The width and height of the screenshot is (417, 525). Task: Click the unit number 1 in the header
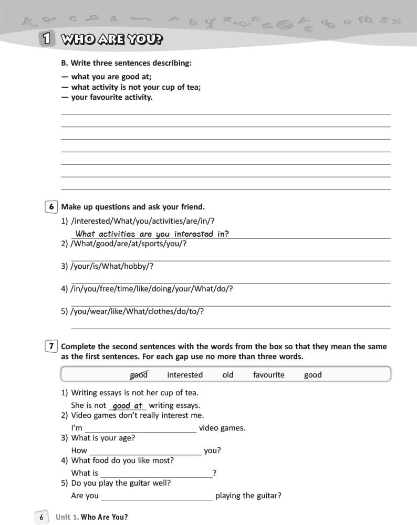[47, 39]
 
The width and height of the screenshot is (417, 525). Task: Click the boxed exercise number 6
[51, 207]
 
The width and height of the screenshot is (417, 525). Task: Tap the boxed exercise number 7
[51, 346]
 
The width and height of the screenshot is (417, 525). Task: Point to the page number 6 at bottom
[41, 517]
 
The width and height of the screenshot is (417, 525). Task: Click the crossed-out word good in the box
[139, 375]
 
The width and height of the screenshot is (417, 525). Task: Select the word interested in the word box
[185, 375]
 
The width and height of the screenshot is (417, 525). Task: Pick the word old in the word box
[228, 375]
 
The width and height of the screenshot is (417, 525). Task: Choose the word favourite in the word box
[268, 375]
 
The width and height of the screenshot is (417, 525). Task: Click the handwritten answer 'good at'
[128, 406]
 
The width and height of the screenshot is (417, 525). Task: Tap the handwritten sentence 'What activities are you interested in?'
[152, 234]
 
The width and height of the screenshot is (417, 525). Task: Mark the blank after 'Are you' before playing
[157, 496]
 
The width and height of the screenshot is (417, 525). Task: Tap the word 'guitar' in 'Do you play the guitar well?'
[141, 483]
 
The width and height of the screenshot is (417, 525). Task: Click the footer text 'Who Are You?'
[105, 517]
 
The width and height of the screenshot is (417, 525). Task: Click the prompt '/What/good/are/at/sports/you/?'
[129, 244]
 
